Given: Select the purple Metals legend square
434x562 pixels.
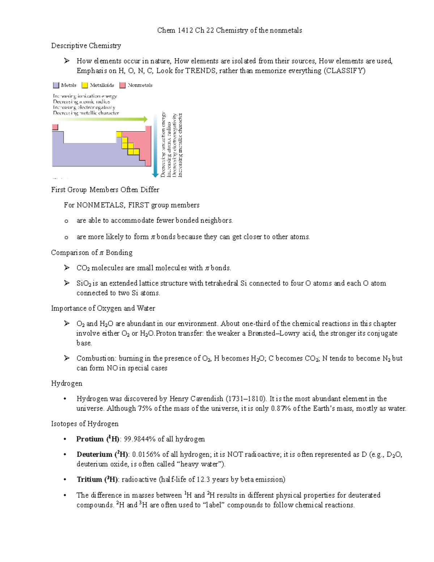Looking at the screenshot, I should (x=56, y=85).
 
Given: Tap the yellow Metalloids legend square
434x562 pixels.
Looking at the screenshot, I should (x=85, y=85).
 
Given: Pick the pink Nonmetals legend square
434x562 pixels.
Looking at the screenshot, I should (x=123, y=85).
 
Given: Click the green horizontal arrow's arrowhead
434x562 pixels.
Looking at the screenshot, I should (x=145, y=119).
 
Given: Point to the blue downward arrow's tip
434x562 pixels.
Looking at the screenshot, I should (x=155, y=176).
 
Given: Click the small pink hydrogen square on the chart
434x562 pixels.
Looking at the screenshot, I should (x=55, y=127).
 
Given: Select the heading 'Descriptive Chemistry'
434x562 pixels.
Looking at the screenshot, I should (x=86, y=46).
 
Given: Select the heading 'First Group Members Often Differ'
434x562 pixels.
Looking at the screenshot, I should (x=105, y=190).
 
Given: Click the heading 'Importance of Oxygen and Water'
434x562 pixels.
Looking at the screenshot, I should (x=103, y=308).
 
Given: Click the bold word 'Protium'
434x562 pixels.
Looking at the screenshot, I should (x=90, y=439).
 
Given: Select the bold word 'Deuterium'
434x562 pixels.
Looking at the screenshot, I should (x=94, y=455).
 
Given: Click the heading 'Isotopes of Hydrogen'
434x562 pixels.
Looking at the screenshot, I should (x=85, y=424).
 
